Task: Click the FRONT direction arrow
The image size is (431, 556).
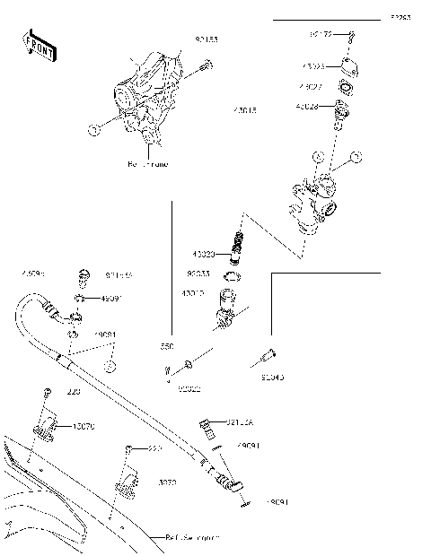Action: (x=38, y=46)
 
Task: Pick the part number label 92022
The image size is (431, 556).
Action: (x=189, y=388)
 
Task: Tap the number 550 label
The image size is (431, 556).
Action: (x=166, y=345)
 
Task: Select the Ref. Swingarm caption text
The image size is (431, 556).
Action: (x=191, y=538)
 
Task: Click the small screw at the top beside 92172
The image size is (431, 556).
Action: (x=353, y=36)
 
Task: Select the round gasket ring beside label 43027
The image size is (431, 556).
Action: (x=344, y=88)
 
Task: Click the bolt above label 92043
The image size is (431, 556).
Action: (x=268, y=356)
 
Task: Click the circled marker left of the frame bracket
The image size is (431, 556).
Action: (x=93, y=130)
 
